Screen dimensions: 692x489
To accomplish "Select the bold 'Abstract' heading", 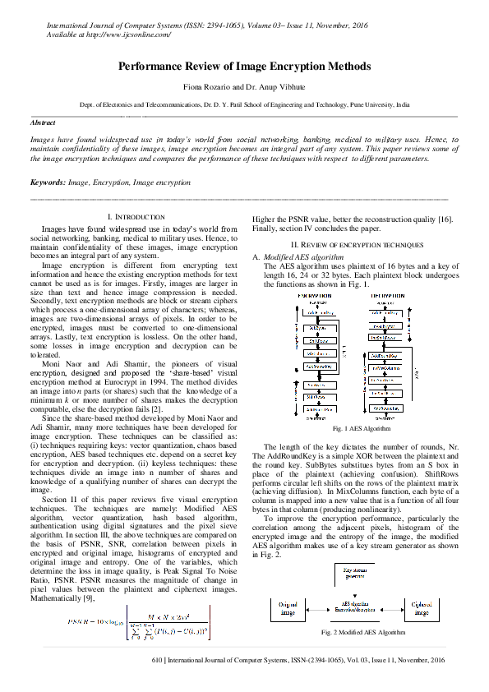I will tap(43, 122).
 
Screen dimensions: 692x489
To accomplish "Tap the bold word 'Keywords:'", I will tap(48, 182).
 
